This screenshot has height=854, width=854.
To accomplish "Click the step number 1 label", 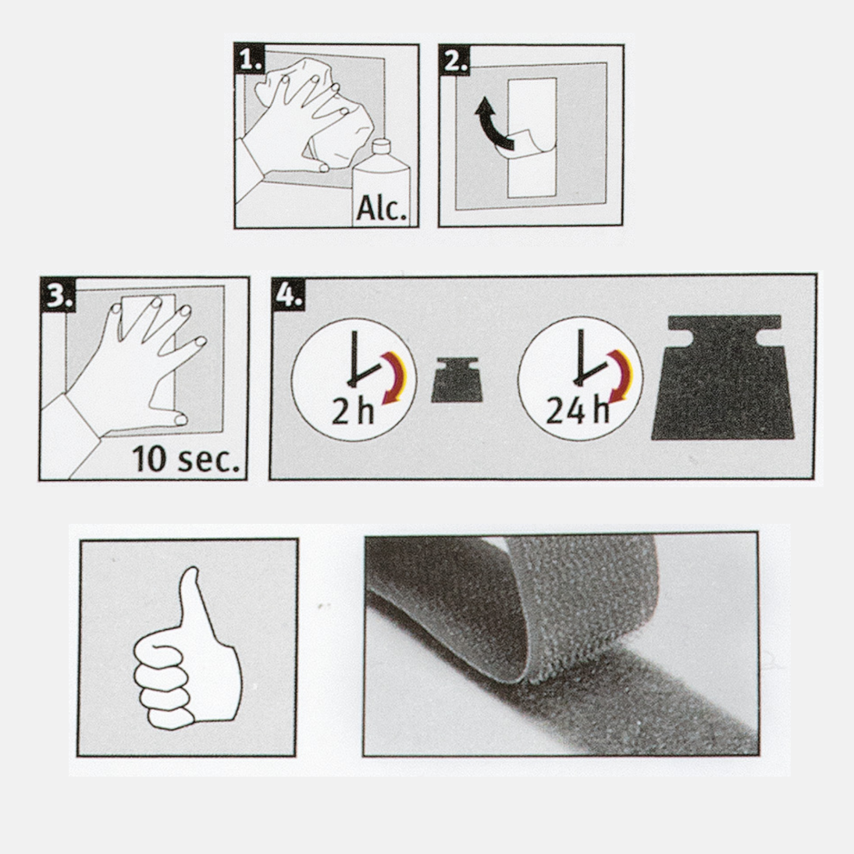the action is pyautogui.click(x=250, y=59).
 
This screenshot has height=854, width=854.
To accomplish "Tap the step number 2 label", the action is pyautogui.click(x=454, y=60).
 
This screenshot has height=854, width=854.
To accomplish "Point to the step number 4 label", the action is pyautogui.click(x=288, y=294).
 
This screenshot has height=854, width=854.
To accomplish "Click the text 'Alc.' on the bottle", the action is pyautogui.click(x=381, y=208).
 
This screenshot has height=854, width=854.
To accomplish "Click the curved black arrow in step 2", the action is pyautogui.click(x=493, y=124).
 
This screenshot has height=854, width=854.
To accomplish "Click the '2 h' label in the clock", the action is pyautogui.click(x=353, y=411).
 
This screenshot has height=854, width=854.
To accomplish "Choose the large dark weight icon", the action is pyautogui.click(x=724, y=378).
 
